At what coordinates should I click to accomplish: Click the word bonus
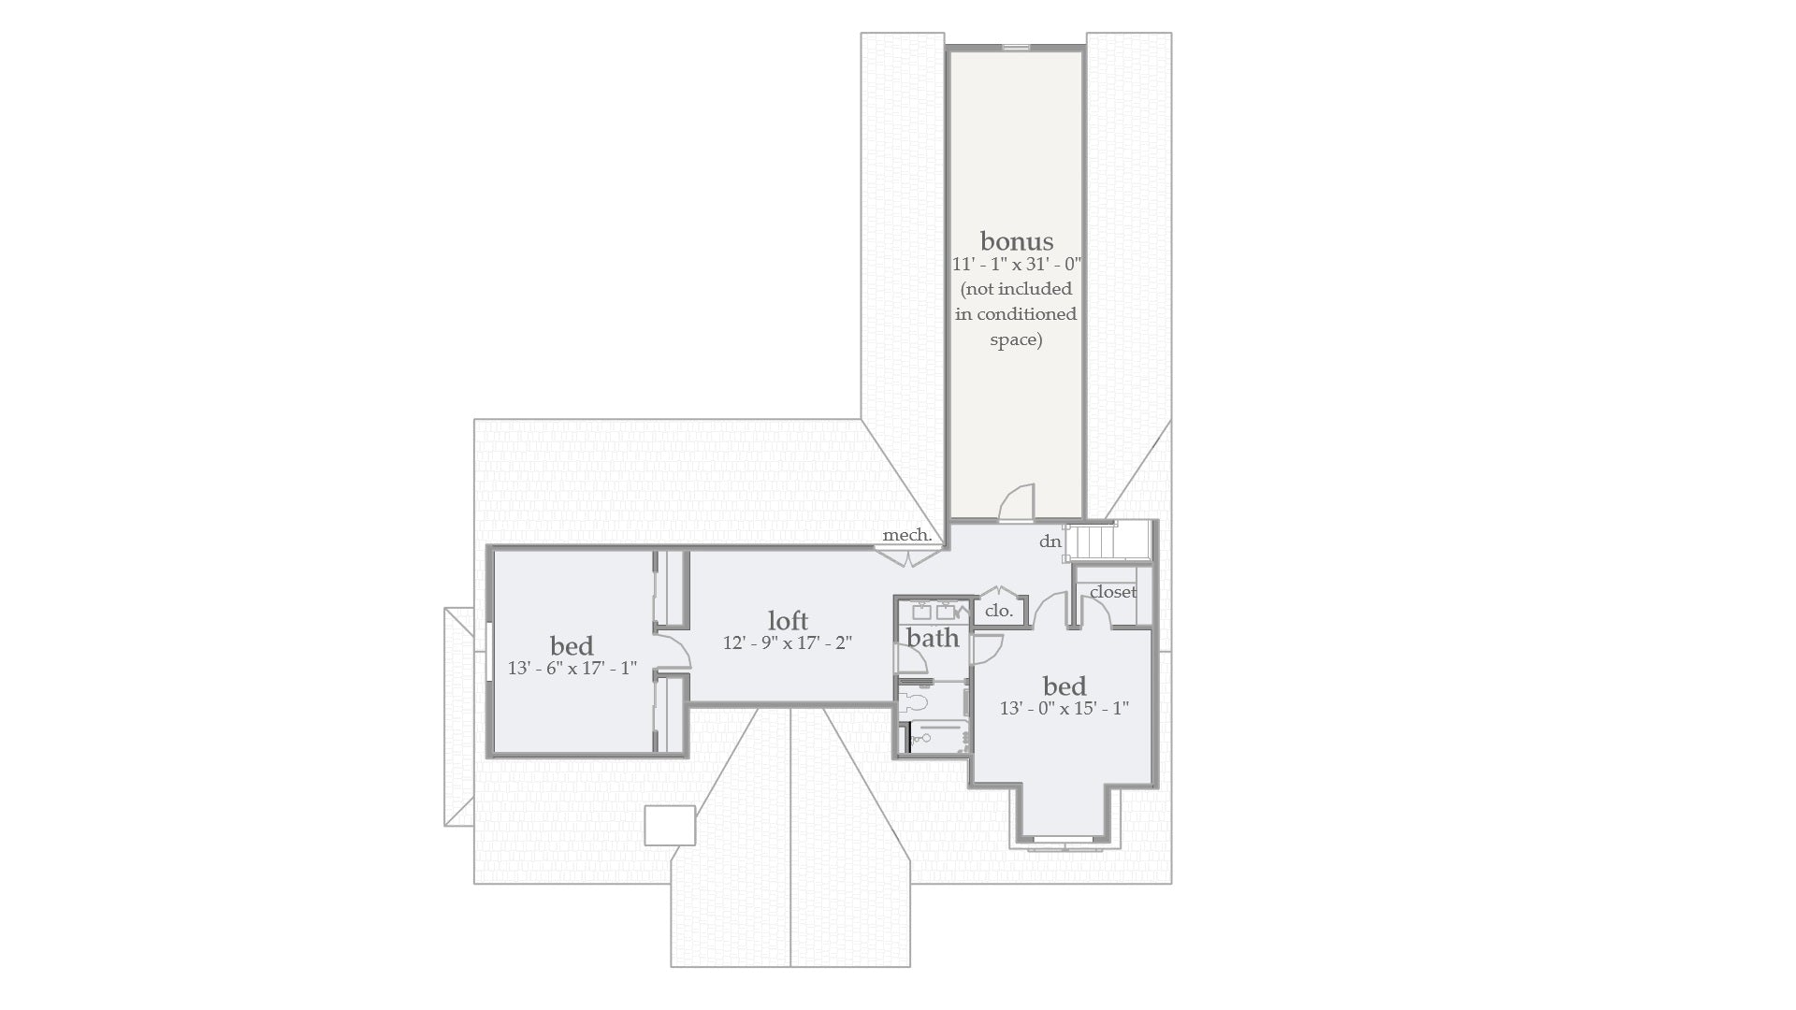click(x=1016, y=241)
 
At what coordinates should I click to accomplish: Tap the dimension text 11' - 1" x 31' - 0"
click(x=1016, y=266)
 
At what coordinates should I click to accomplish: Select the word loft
click(x=788, y=621)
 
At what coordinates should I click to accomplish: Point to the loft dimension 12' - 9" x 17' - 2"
click(x=788, y=643)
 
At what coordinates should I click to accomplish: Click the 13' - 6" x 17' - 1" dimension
click(x=572, y=669)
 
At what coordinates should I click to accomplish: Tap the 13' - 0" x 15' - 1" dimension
click(x=1064, y=709)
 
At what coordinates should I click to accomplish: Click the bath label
click(x=933, y=639)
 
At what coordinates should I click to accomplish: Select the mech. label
click(x=906, y=536)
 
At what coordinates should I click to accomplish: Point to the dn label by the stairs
click(x=1050, y=542)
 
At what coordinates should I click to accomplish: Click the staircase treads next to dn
click(x=1094, y=541)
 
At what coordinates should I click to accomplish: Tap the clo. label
click(x=998, y=612)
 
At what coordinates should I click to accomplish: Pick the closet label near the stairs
click(x=1112, y=592)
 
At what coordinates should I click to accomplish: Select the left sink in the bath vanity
click(x=921, y=613)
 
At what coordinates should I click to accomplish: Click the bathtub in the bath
click(x=938, y=738)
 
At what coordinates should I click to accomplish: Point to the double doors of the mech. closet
click(x=908, y=558)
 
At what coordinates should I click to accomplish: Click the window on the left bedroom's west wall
click(x=489, y=650)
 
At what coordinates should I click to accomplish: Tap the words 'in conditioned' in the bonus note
click(x=1016, y=314)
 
